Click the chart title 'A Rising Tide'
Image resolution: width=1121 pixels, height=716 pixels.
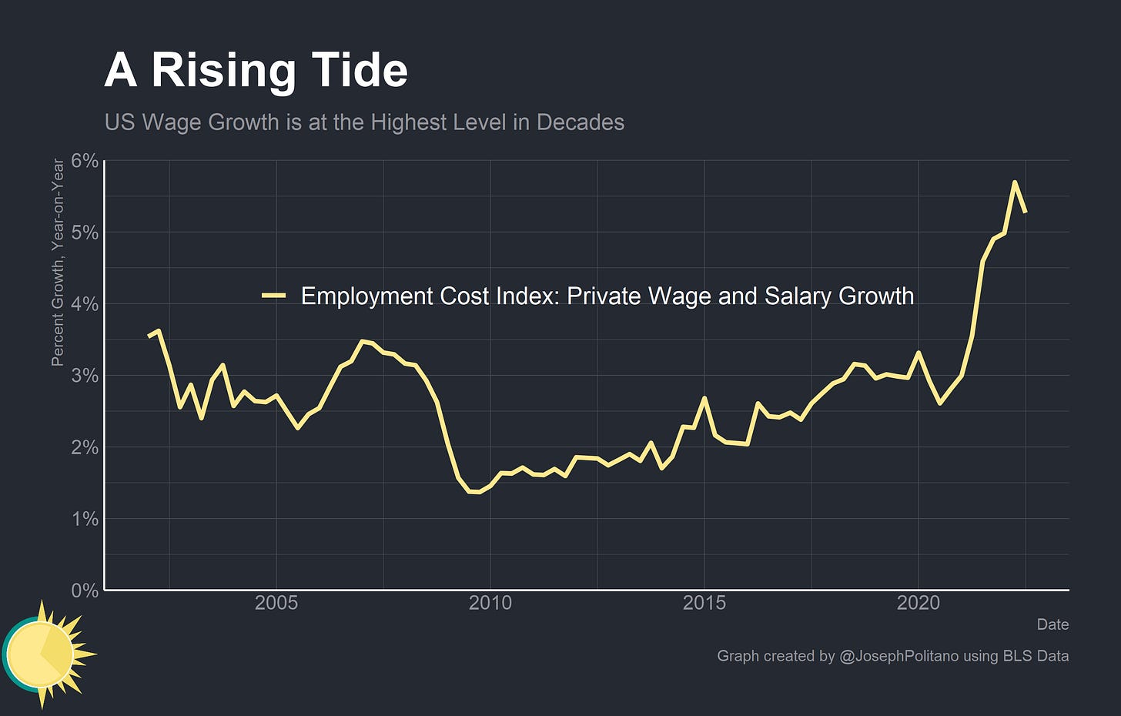256,70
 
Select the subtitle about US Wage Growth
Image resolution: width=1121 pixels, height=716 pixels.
364,122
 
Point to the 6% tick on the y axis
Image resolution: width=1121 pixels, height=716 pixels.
85,161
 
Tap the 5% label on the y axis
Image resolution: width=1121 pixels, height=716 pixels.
85,233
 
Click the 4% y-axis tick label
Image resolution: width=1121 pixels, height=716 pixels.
85,304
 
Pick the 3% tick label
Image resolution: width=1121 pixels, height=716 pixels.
85,376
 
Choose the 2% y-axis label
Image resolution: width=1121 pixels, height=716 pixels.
85,447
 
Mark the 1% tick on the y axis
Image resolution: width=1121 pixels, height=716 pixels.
85,519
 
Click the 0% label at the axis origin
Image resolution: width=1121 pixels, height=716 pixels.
85,591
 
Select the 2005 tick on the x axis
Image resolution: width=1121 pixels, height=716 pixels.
276,603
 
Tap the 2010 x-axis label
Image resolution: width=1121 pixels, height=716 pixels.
490,603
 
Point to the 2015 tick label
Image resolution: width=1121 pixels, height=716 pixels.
704,603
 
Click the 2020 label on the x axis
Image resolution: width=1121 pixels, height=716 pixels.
919,603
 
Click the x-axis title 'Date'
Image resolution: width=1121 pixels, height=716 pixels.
1052,624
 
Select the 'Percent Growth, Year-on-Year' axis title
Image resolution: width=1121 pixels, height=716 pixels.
57,262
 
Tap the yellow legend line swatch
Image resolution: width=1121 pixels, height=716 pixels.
274,296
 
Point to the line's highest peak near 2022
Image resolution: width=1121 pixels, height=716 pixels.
1015,182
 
